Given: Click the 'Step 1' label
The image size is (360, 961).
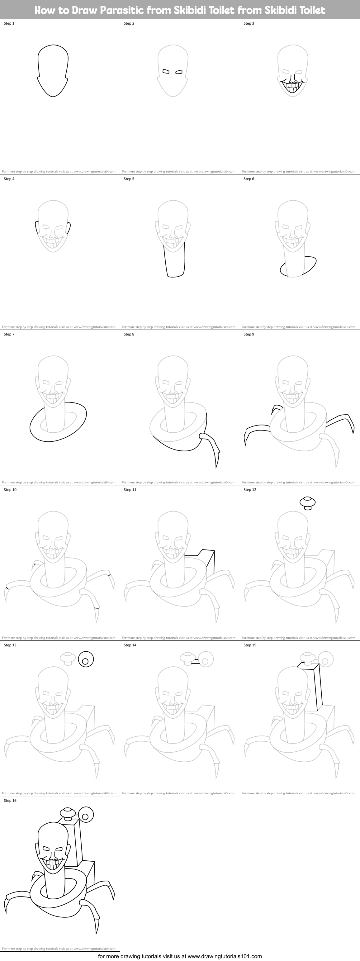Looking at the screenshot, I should click(9, 23).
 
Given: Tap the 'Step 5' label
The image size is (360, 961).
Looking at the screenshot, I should click(129, 179).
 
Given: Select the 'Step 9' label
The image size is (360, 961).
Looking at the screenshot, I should click(249, 334).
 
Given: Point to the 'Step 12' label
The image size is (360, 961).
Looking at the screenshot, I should click(250, 490).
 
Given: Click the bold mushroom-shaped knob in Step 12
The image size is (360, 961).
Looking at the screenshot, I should click(308, 502).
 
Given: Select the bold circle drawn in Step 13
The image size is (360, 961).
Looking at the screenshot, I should click(86, 659).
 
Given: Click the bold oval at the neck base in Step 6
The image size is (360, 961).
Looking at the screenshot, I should click(298, 267).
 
